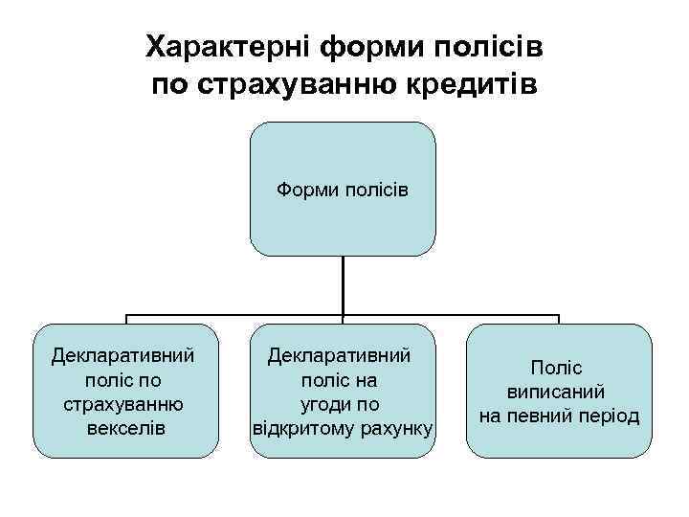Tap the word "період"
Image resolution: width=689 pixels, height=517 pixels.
point(608,416)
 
